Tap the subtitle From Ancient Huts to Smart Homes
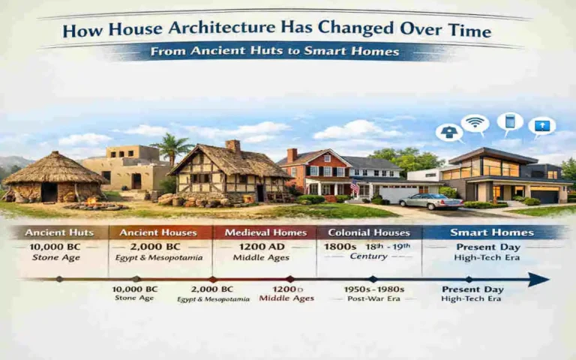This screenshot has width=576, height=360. pyautogui.click(x=274, y=52)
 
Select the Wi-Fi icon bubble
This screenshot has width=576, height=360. pyautogui.click(x=475, y=124)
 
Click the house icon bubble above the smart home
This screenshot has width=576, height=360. pyautogui.click(x=448, y=133)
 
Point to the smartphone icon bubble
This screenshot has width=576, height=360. pyautogui.click(x=510, y=121)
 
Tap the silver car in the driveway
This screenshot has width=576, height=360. pyautogui.click(x=421, y=201)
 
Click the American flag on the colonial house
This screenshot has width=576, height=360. pyautogui.click(x=355, y=186)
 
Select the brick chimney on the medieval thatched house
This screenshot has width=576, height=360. pyautogui.click(x=233, y=147)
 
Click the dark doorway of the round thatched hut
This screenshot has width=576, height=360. pyautogui.click(x=49, y=193)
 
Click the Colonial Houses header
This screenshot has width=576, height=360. pyautogui.click(x=367, y=232)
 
